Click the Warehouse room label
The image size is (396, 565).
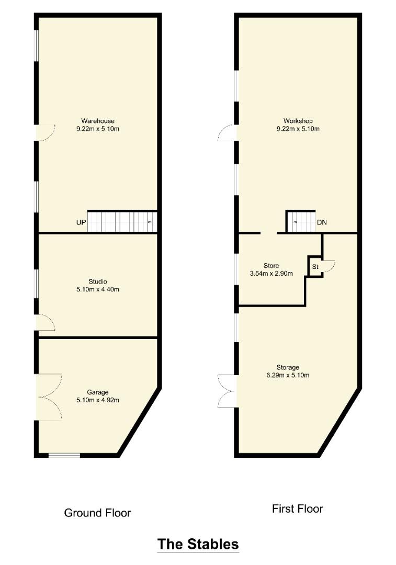(97, 121)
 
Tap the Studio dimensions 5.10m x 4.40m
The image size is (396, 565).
(97, 289)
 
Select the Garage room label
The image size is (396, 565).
(97, 392)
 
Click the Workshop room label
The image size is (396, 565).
(297, 121)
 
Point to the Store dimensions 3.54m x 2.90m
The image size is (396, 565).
(271, 273)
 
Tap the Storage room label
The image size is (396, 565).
(288, 367)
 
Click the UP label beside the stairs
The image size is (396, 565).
(81, 222)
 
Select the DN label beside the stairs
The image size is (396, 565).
(322, 222)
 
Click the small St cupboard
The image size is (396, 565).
(315, 267)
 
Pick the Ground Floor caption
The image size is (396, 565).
(97, 513)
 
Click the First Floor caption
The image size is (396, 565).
(297, 508)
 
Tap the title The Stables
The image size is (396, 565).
(198, 544)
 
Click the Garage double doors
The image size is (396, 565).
(50, 396)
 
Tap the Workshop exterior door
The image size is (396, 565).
(228, 133)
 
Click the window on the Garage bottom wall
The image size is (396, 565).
(64, 455)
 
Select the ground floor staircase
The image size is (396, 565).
(122, 221)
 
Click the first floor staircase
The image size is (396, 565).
(300, 221)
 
